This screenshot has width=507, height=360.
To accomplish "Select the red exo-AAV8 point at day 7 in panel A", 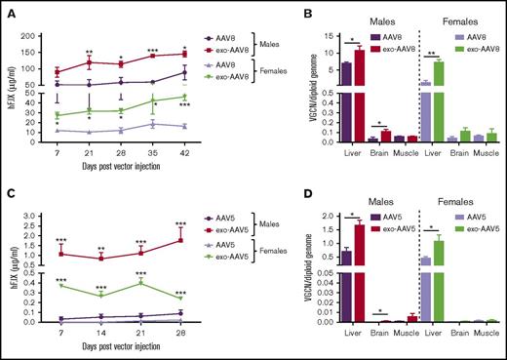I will (57, 71).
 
